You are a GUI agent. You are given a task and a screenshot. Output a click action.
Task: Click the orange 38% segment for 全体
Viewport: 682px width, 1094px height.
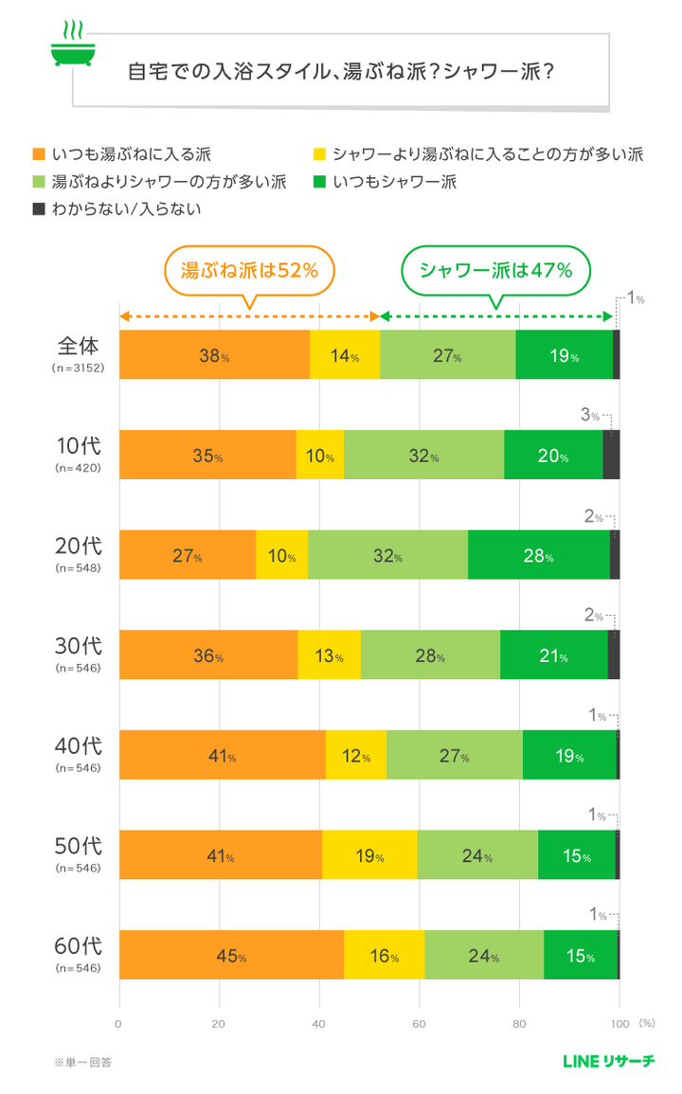coord(214,355)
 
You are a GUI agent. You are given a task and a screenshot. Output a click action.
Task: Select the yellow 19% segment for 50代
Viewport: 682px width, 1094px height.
coord(369,855)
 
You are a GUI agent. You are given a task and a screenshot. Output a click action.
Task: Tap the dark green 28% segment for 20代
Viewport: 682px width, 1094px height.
coord(538,555)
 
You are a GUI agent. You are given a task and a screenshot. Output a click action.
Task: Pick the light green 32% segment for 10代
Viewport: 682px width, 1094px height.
coord(423,455)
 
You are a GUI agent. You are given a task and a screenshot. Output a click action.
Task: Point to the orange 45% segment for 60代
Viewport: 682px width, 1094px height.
coord(231,955)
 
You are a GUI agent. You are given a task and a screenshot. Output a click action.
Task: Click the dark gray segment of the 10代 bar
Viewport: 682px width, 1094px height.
coord(611,455)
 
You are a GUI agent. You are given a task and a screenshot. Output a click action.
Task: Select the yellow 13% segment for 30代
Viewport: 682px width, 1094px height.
coord(329,655)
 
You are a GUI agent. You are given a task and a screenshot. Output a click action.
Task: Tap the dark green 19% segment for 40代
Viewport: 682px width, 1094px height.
coord(568,755)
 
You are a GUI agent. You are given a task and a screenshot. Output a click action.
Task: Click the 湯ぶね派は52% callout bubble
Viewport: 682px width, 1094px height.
coord(249,270)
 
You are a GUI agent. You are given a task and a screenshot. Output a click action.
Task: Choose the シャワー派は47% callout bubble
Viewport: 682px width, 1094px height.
coord(495,270)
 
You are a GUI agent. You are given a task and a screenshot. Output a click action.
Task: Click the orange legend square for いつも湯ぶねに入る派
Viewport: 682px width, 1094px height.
coord(39,153)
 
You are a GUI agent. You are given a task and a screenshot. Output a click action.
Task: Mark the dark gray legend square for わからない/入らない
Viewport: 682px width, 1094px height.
coord(39,208)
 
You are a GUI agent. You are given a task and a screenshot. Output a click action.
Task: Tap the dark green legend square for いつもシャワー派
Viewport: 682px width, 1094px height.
coord(318,181)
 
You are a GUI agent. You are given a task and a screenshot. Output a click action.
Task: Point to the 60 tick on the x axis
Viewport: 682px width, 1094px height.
coord(419,1024)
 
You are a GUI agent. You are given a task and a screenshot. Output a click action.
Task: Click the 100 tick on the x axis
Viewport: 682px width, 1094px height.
coord(619,1024)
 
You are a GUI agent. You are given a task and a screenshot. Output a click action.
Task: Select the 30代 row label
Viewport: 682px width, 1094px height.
coord(78,645)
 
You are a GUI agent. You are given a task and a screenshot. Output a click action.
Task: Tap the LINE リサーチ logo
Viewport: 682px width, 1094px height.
coord(607,1062)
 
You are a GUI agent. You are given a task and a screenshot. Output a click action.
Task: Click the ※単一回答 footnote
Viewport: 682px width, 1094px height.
coord(83,1062)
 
